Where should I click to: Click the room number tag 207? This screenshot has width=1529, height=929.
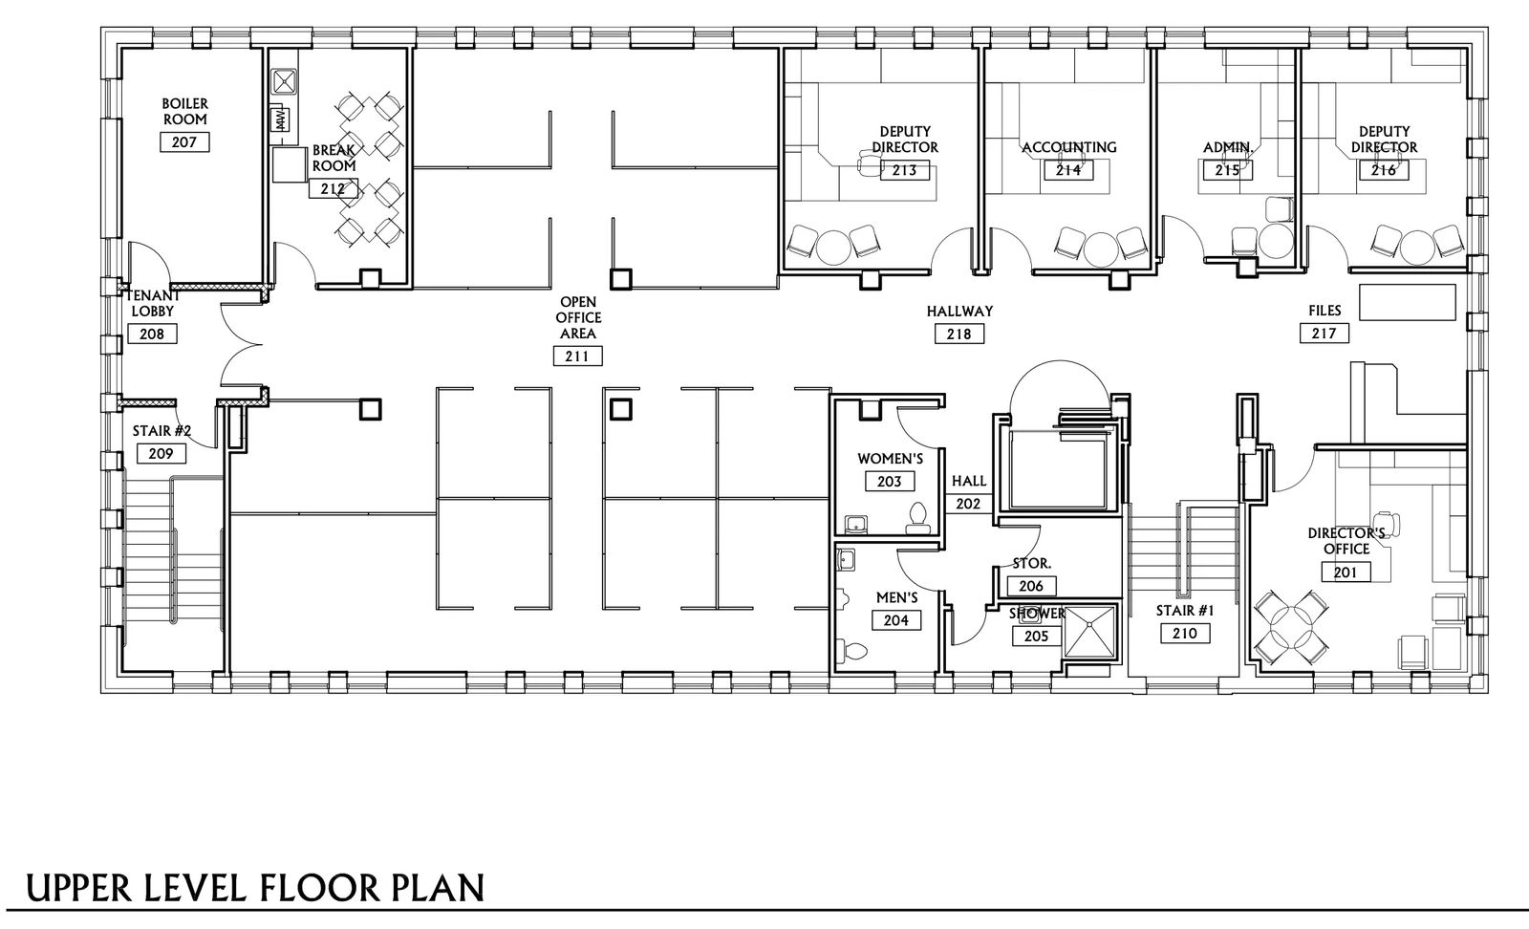184,142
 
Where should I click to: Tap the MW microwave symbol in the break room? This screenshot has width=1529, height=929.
281,120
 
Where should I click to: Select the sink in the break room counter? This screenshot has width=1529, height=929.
284,82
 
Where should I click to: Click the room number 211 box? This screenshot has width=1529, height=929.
577,356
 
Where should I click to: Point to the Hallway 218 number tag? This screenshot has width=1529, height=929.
959,334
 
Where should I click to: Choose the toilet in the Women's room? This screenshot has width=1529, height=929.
918,518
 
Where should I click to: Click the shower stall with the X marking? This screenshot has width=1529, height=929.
1090,632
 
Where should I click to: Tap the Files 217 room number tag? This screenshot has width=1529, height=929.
1324,334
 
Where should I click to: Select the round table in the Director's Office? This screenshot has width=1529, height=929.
1291,628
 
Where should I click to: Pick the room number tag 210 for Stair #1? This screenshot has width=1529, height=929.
1185,634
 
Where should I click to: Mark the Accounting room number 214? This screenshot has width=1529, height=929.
1068,170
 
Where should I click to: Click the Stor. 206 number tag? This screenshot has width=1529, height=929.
1031,586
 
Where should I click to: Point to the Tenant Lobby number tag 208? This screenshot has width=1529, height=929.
152,334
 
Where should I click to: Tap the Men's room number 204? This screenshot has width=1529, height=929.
896,619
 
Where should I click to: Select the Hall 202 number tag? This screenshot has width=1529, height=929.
968,504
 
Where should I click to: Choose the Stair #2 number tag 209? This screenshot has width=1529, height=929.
162,453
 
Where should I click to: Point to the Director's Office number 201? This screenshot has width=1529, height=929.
1346,572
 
